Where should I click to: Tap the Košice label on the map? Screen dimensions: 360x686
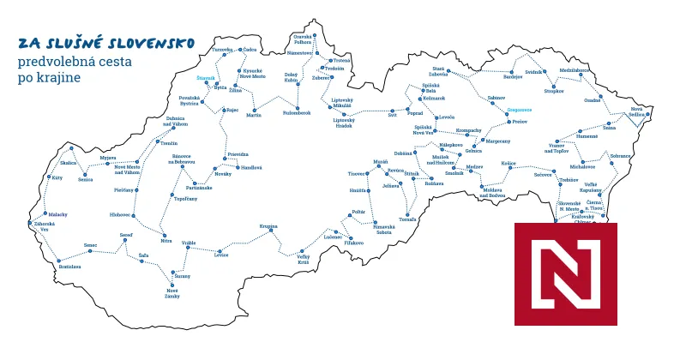click(x=509, y=162)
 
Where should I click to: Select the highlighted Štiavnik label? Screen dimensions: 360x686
click(x=206, y=78)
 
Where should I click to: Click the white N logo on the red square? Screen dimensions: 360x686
click(x=565, y=274)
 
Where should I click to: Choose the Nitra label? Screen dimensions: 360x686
click(x=166, y=241)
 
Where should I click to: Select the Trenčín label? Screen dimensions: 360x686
click(x=169, y=143)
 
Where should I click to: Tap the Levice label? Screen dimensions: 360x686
click(x=221, y=255)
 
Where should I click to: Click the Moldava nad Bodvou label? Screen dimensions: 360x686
click(x=496, y=194)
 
